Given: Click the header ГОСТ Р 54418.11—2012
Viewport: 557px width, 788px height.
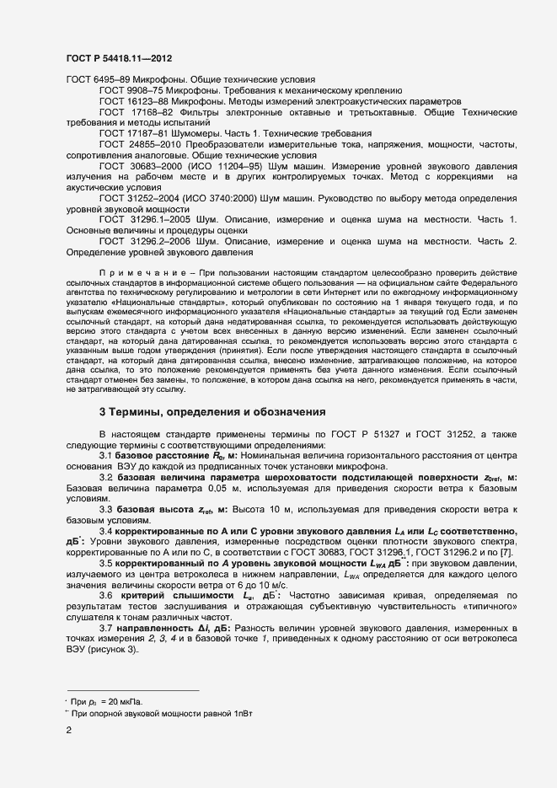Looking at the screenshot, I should (x=120, y=57).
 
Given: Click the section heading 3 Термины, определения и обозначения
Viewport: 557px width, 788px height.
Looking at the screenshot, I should (x=212, y=412).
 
